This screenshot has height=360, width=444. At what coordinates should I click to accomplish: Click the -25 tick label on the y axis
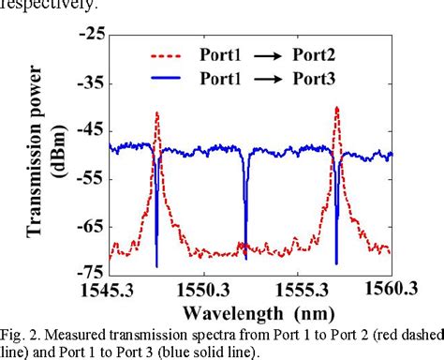[93, 34]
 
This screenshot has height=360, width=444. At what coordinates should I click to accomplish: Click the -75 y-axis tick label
[93, 268]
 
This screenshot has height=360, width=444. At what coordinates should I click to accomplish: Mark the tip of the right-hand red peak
[336, 107]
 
